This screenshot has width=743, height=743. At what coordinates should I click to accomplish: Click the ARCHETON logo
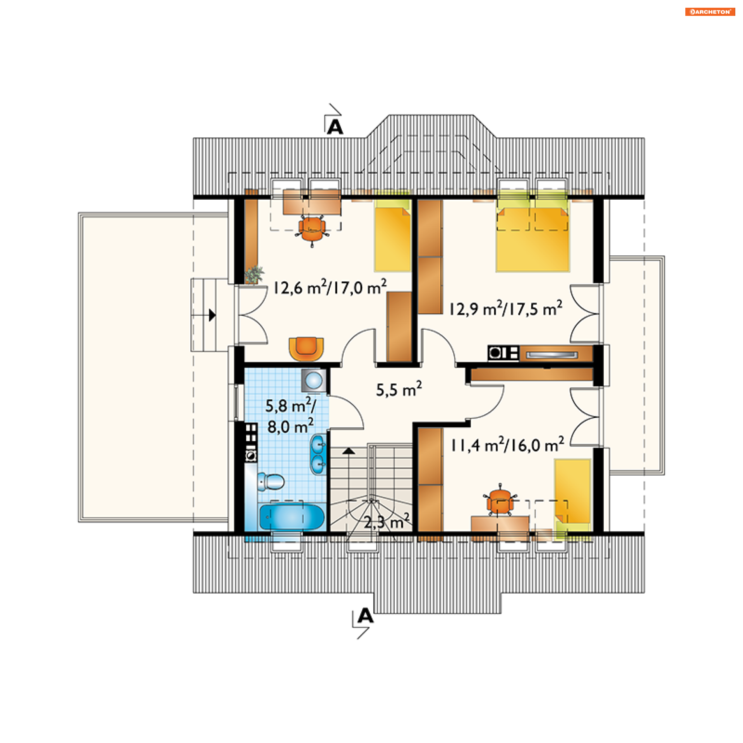(710, 12)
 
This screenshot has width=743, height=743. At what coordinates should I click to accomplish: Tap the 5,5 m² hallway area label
(399, 389)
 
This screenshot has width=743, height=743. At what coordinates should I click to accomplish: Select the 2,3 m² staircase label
(387, 522)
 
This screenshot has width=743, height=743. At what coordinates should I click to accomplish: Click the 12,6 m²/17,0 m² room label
(330, 288)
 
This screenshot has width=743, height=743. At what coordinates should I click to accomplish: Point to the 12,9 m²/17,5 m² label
(505, 308)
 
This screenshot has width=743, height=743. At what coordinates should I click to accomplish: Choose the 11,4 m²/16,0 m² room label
(507, 445)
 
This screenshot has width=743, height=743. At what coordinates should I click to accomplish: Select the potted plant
(254, 275)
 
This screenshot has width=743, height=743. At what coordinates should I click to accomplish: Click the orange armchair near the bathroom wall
(306, 349)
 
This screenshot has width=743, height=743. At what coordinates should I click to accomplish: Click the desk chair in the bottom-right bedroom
(500, 501)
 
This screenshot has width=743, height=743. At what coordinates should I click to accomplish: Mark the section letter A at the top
(335, 127)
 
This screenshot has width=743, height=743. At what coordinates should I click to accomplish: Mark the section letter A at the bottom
(365, 615)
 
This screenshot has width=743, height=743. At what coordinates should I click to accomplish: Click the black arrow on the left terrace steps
(212, 315)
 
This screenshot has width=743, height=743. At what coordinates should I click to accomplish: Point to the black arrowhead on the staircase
(349, 451)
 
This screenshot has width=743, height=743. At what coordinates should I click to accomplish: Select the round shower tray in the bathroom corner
(314, 380)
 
